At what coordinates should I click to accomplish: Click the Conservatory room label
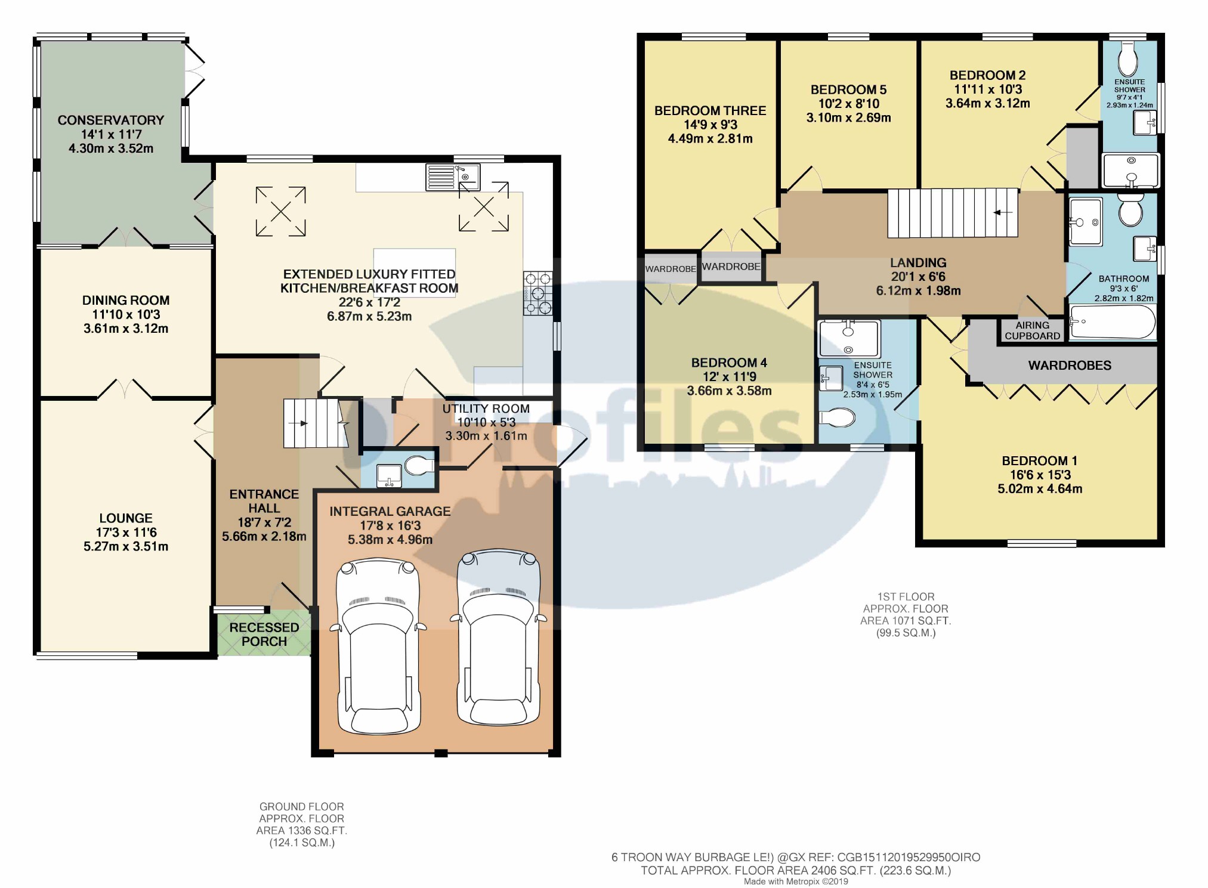(110, 120)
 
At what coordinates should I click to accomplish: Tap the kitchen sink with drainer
(453, 177)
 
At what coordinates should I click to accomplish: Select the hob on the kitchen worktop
(538, 293)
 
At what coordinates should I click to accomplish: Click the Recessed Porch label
(264, 635)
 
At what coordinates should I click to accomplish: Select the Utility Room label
(486, 409)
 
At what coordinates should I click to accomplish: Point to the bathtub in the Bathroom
(1113, 322)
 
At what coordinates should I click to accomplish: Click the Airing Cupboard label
(1032, 330)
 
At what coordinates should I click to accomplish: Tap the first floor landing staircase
(952, 213)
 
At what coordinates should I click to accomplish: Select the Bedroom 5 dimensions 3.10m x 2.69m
(848, 118)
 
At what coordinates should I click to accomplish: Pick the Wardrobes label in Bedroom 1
(1069, 366)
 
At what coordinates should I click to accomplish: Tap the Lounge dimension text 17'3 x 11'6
(126, 533)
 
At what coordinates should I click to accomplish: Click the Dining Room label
(126, 301)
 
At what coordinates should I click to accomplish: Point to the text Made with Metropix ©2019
(795, 881)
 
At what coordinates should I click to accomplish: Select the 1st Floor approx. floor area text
(905, 614)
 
